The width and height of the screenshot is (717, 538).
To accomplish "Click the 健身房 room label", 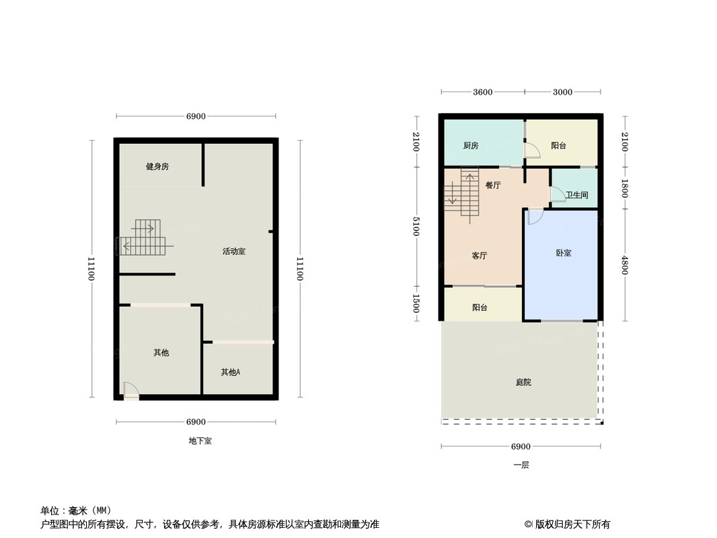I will point(157,167).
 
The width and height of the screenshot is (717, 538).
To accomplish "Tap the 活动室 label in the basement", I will point(234,252).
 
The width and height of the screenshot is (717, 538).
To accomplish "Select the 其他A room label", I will point(231,372).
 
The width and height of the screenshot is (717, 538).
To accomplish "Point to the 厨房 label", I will point(471,146).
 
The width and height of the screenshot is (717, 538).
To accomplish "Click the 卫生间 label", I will point(576,195).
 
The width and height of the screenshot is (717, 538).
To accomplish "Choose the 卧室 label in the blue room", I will point(564,254).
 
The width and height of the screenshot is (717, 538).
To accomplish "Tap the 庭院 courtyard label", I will point(523,382).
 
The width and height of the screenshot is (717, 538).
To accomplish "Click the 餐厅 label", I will point(493,186).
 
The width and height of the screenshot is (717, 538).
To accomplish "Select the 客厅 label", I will point(479,256).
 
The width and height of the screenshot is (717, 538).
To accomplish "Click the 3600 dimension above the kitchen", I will point(482,92).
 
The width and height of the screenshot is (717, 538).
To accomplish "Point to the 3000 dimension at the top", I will point(562,92).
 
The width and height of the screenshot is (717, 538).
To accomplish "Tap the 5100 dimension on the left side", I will point(416,227).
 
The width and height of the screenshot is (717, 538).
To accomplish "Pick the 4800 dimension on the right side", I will point(625,264).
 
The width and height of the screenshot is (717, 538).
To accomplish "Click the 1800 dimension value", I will point(625,188).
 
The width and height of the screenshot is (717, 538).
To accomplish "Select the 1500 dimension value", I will point(416,303).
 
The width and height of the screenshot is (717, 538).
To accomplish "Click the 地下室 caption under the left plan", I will point(200,441).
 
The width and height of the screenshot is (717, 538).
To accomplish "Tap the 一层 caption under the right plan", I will point(521,465).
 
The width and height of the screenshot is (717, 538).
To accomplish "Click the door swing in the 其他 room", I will point(130,389).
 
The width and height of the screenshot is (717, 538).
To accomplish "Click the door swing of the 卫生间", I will point(558,194).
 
